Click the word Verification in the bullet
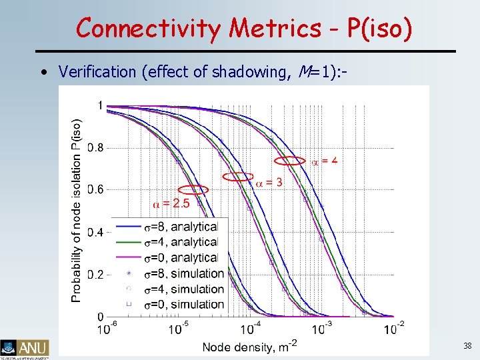tap(99, 71)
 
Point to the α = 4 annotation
tap(325, 161)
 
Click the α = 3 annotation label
tap(269, 182)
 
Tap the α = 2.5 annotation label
tap(171, 203)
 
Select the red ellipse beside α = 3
tap(237, 177)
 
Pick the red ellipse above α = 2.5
tap(193, 190)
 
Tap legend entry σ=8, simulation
tap(175, 273)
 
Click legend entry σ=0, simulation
tap(175, 305)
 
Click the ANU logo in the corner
tap(25, 348)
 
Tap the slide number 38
tap(466, 346)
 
